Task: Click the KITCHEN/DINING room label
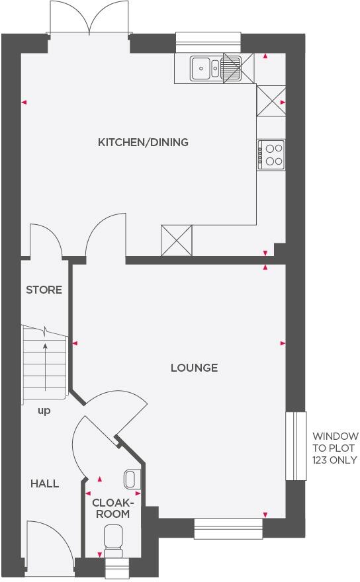[x=143, y=142]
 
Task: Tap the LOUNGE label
[x=194, y=368]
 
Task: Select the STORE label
[x=44, y=290]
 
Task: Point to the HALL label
[x=44, y=483]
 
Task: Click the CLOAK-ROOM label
[x=111, y=508]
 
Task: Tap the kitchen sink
[x=207, y=66]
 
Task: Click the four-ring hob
[x=272, y=154]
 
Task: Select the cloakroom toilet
[x=113, y=539]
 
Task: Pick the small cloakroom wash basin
[x=130, y=478]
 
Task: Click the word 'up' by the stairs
[x=44, y=411]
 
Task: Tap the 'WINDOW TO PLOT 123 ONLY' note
[x=336, y=448]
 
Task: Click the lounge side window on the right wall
[x=296, y=446]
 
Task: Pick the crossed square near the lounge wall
[x=176, y=241]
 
